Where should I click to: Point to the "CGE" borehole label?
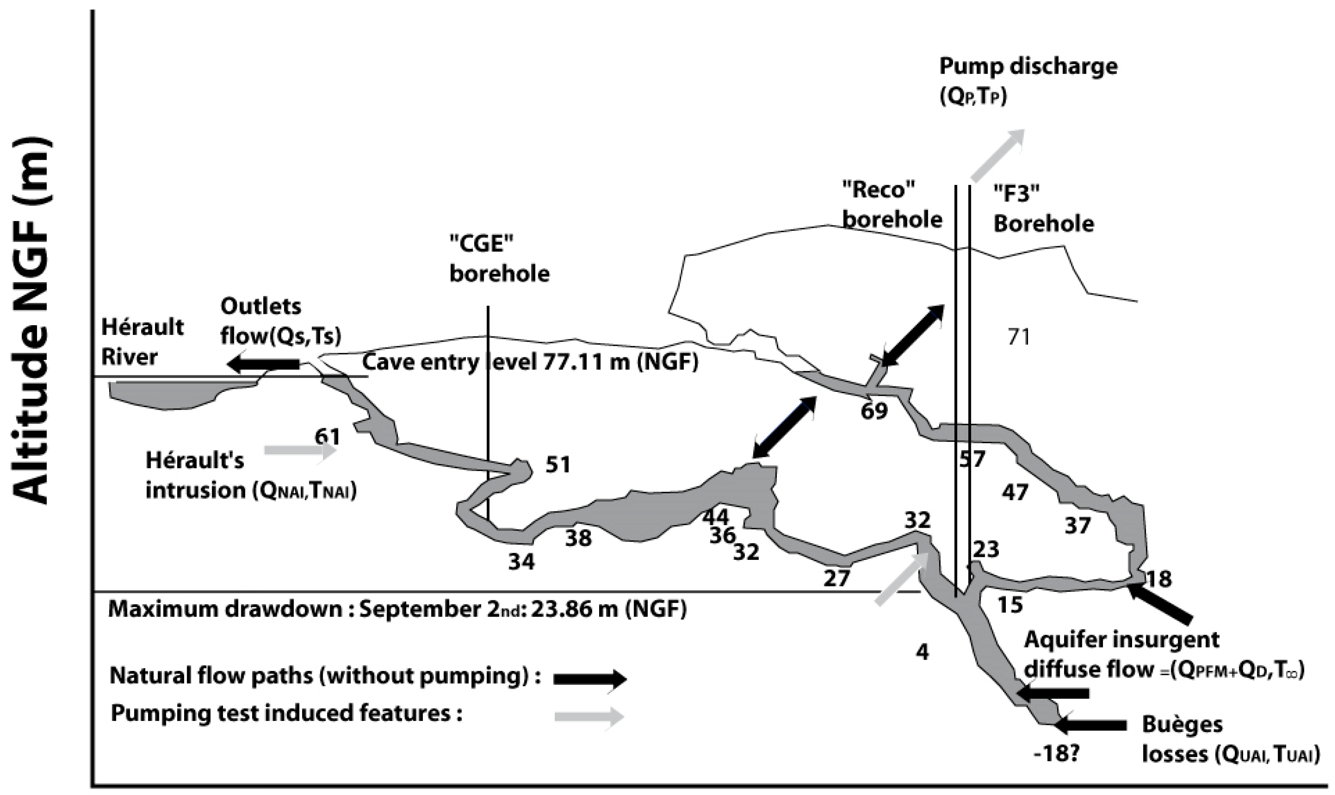(x=499, y=259)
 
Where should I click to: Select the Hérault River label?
(x=142, y=341)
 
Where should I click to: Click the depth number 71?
(x=1018, y=337)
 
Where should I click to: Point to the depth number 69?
(x=874, y=411)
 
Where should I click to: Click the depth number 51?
(x=558, y=465)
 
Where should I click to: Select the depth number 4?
(x=923, y=652)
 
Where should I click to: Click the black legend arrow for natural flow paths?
(x=589, y=679)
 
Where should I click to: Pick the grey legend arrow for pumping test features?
(x=589, y=717)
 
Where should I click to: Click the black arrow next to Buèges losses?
(x=1090, y=725)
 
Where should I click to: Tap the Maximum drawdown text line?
(x=396, y=610)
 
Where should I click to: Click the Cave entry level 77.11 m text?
(x=530, y=363)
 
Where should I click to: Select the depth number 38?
(x=579, y=537)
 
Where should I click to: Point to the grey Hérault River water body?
(x=166, y=395)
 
